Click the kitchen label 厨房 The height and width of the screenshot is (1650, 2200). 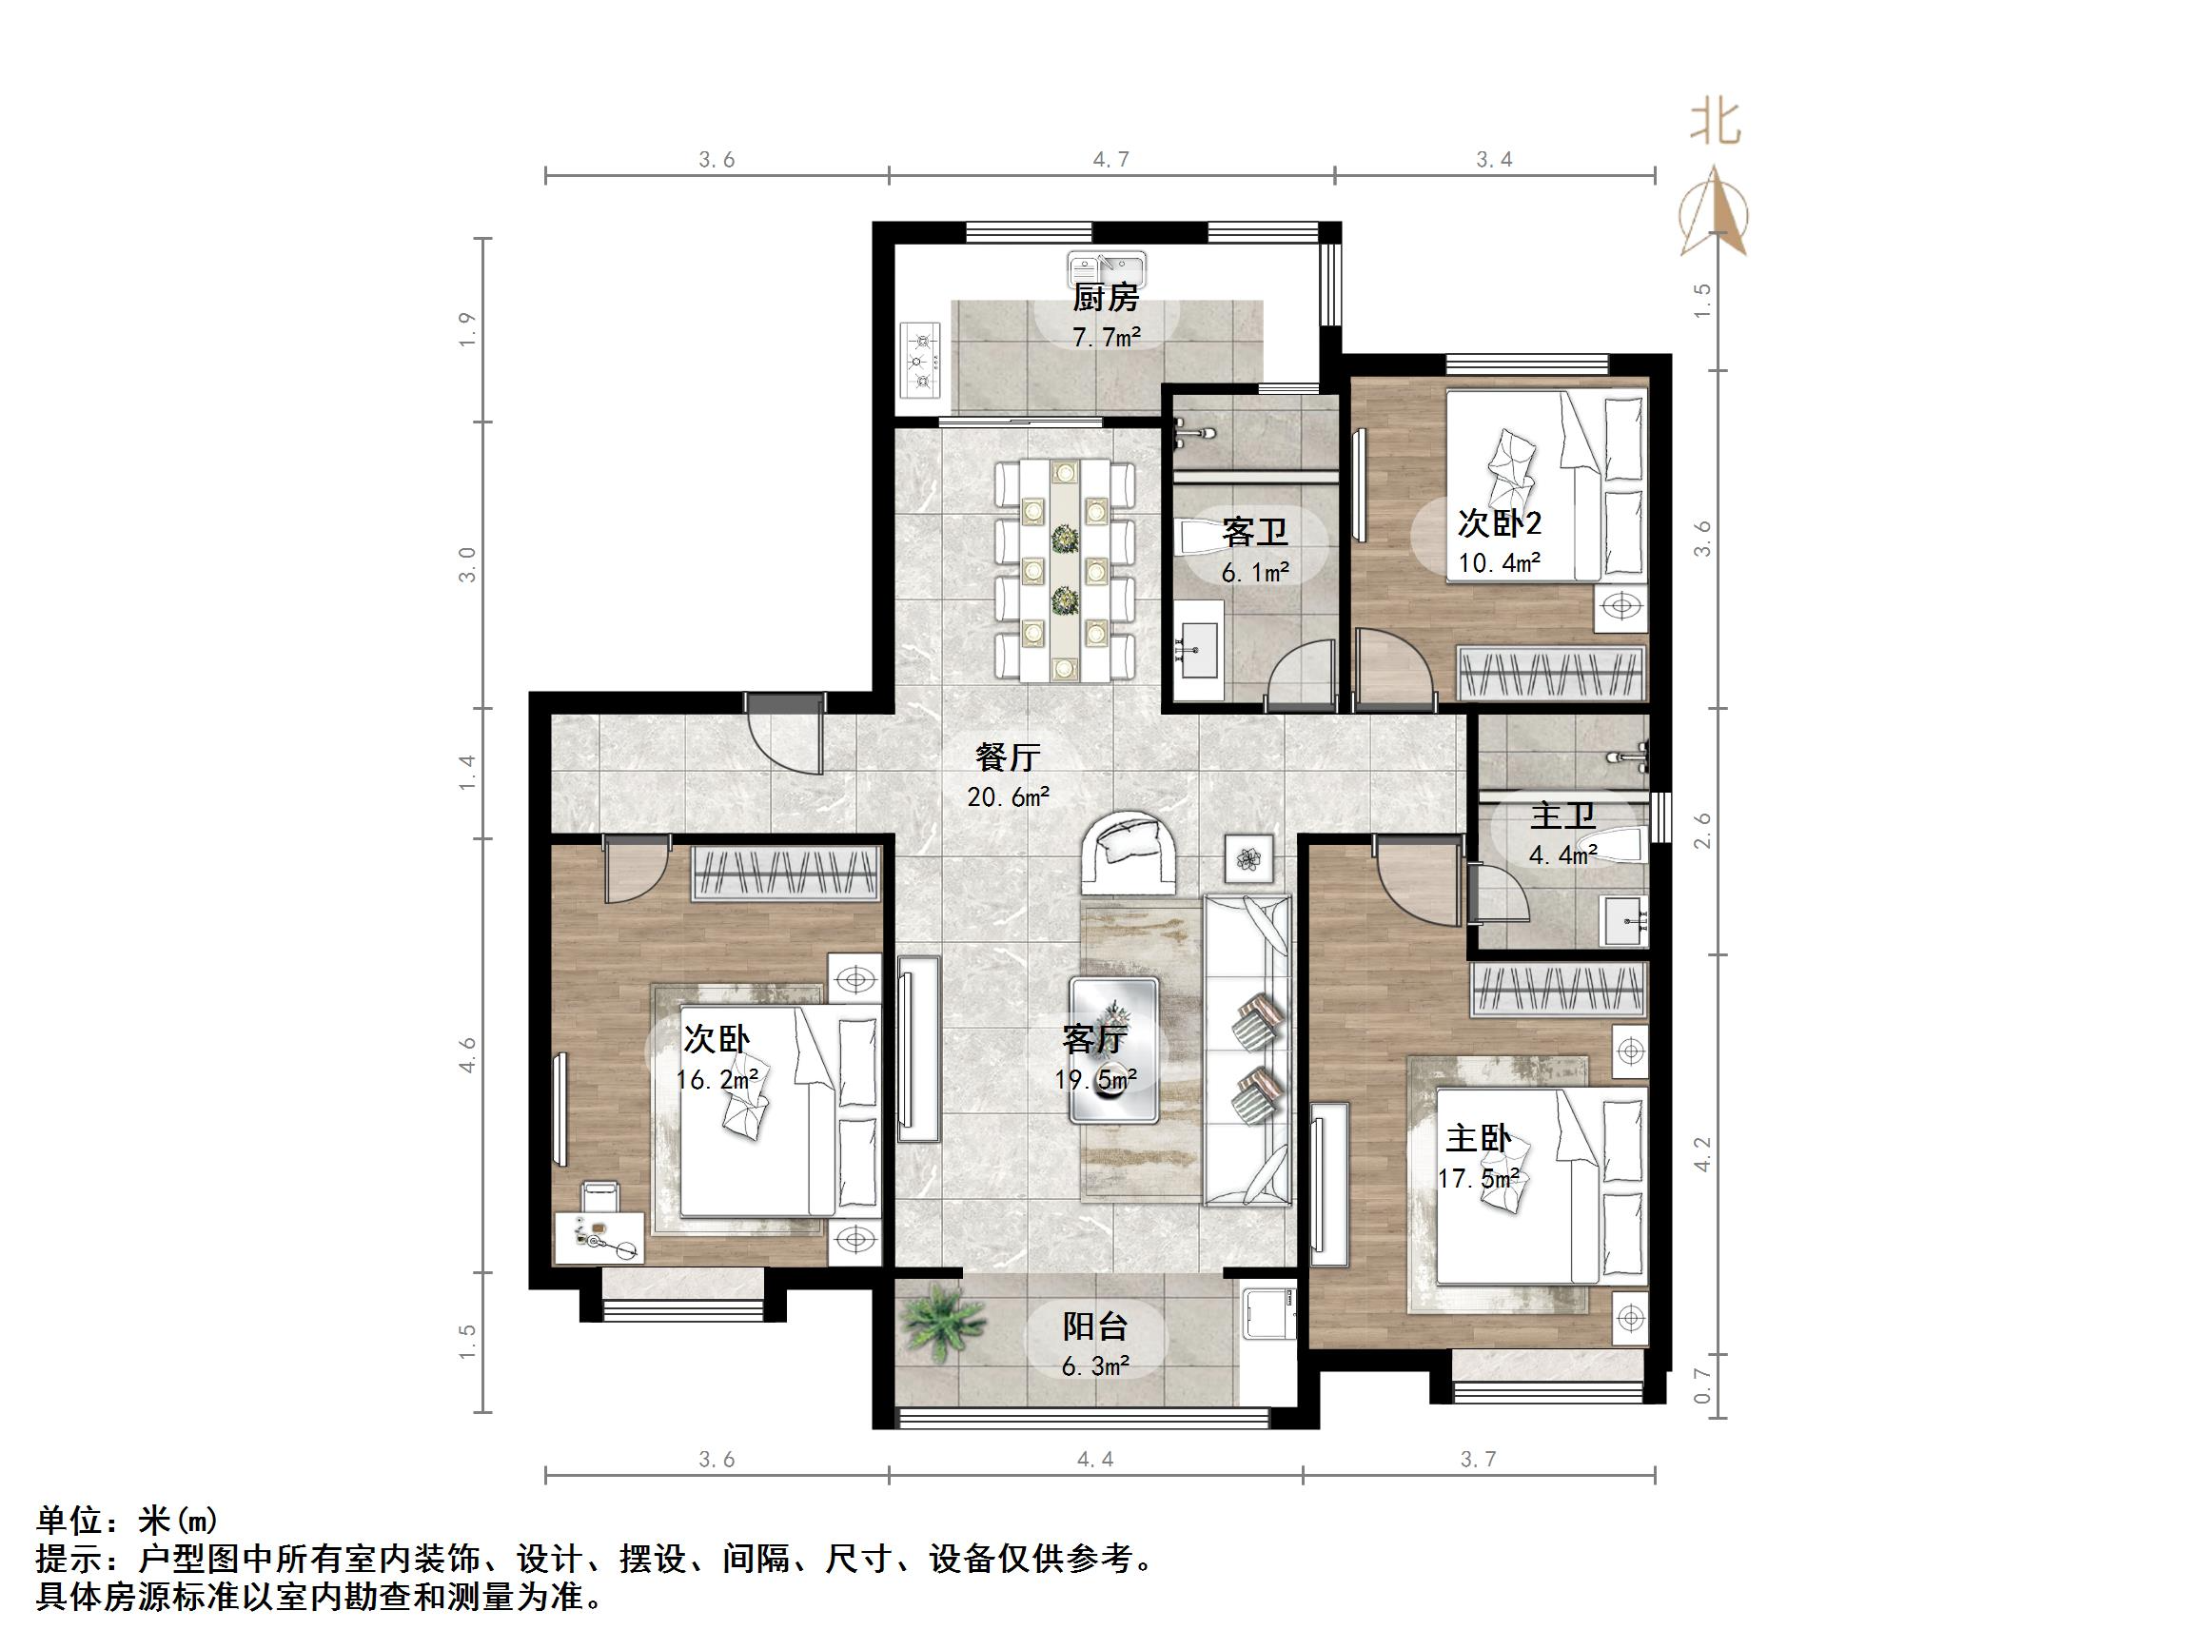point(1105,296)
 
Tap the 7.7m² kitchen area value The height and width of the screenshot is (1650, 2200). point(1106,337)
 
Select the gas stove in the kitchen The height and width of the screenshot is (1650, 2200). point(921,359)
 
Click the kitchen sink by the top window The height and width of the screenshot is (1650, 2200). point(1107,268)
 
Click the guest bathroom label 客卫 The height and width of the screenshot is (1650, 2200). point(1254,532)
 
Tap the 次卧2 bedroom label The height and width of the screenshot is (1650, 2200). point(1499,523)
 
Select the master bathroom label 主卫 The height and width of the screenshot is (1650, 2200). point(1562,815)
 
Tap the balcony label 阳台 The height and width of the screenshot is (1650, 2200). point(1094,1326)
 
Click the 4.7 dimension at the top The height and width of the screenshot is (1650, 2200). point(1110,159)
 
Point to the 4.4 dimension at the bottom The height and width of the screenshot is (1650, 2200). point(1094,1459)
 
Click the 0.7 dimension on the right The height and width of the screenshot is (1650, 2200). point(1701,1385)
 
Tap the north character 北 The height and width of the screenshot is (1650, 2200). point(1716,124)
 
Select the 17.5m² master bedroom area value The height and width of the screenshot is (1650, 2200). point(1478,1179)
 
